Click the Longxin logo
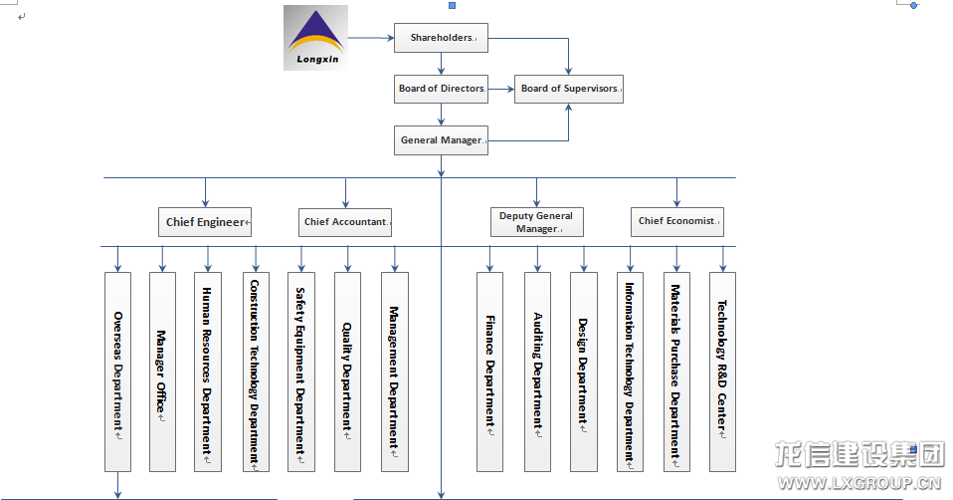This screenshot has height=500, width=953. (x=315, y=38)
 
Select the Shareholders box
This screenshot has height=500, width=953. (x=441, y=38)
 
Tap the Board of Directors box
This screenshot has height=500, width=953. (x=441, y=89)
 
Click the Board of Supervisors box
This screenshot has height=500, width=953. (x=569, y=89)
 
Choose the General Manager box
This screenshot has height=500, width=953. (x=441, y=140)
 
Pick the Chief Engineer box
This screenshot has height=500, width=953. (x=205, y=222)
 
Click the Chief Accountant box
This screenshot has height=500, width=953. (x=346, y=222)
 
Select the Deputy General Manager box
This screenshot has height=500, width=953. (x=536, y=222)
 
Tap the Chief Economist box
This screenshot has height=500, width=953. (x=677, y=221)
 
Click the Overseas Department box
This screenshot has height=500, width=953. (x=117, y=372)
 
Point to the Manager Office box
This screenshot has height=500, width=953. (x=162, y=372)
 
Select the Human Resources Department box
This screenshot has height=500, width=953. (x=207, y=372)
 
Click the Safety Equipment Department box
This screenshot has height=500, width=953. (x=300, y=372)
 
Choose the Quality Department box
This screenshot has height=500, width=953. (x=347, y=372)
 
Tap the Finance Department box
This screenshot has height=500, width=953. (x=489, y=372)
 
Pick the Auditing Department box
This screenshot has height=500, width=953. (x=537, y=372)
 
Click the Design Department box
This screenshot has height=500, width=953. (x=584, y=372)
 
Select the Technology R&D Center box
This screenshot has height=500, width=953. (x=722, y=372)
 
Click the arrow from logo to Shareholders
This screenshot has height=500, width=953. (x=370, y=38)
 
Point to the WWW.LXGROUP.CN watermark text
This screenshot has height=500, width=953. (x=858, y=485)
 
